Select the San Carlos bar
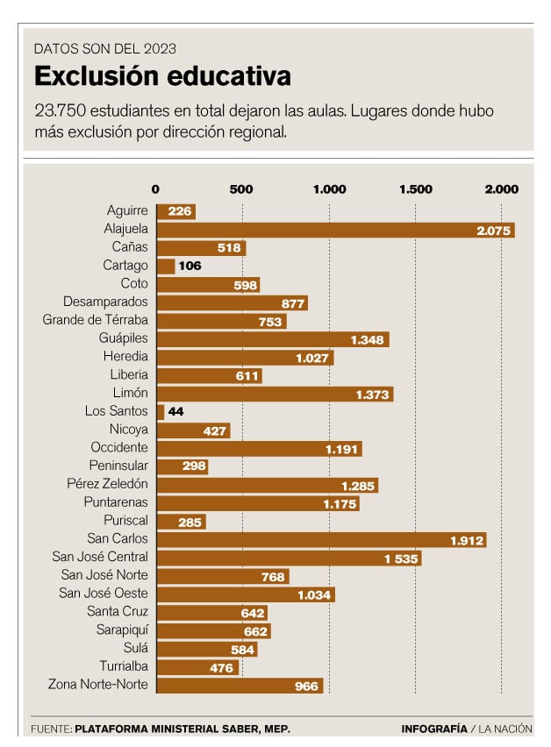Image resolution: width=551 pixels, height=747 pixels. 320,540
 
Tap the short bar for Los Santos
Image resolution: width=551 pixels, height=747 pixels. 161,411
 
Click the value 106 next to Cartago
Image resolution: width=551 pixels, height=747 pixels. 190,266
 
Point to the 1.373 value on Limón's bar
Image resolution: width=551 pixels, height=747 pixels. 373,395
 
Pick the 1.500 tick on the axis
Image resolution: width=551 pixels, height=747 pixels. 415,189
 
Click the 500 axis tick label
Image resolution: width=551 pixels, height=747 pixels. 241,189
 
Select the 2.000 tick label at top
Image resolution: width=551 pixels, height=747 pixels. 501,189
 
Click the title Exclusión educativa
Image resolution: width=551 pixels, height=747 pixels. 162,77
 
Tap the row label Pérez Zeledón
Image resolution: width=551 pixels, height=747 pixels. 107,484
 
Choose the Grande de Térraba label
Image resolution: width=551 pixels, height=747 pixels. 96,320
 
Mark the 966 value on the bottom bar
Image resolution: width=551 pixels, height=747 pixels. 305,686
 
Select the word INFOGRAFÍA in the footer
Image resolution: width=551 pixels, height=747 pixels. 434,729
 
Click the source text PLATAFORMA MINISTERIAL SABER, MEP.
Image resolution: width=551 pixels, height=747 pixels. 182,729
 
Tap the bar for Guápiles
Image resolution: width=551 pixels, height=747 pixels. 272,339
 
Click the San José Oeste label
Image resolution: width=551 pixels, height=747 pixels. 104,594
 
